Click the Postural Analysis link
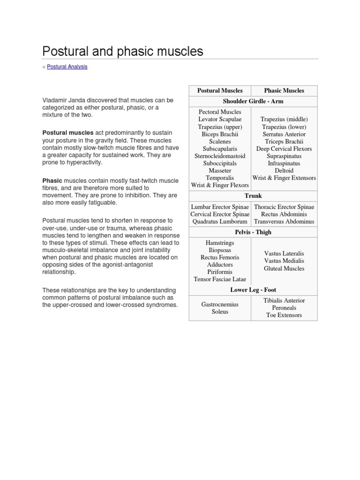(67, 67)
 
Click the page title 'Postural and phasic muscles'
(123, 52)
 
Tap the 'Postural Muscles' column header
(220, 91)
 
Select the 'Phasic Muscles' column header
(284, 91)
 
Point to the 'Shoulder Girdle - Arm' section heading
(253, 101)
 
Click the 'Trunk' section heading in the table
(253, 196)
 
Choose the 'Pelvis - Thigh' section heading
(253, 232)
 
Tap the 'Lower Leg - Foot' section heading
(253, 290)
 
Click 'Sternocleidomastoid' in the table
(220, 156)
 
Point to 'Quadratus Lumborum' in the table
(220, 222)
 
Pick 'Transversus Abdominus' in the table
(284, 222)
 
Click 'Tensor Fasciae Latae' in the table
(220, 279)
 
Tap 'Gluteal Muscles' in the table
(284, 269)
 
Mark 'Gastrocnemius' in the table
(220, 305)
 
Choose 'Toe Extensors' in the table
(284, 315)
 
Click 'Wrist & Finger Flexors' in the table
(220, 186)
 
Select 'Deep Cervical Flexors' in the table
(284, 149)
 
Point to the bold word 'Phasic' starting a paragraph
(52, 180)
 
